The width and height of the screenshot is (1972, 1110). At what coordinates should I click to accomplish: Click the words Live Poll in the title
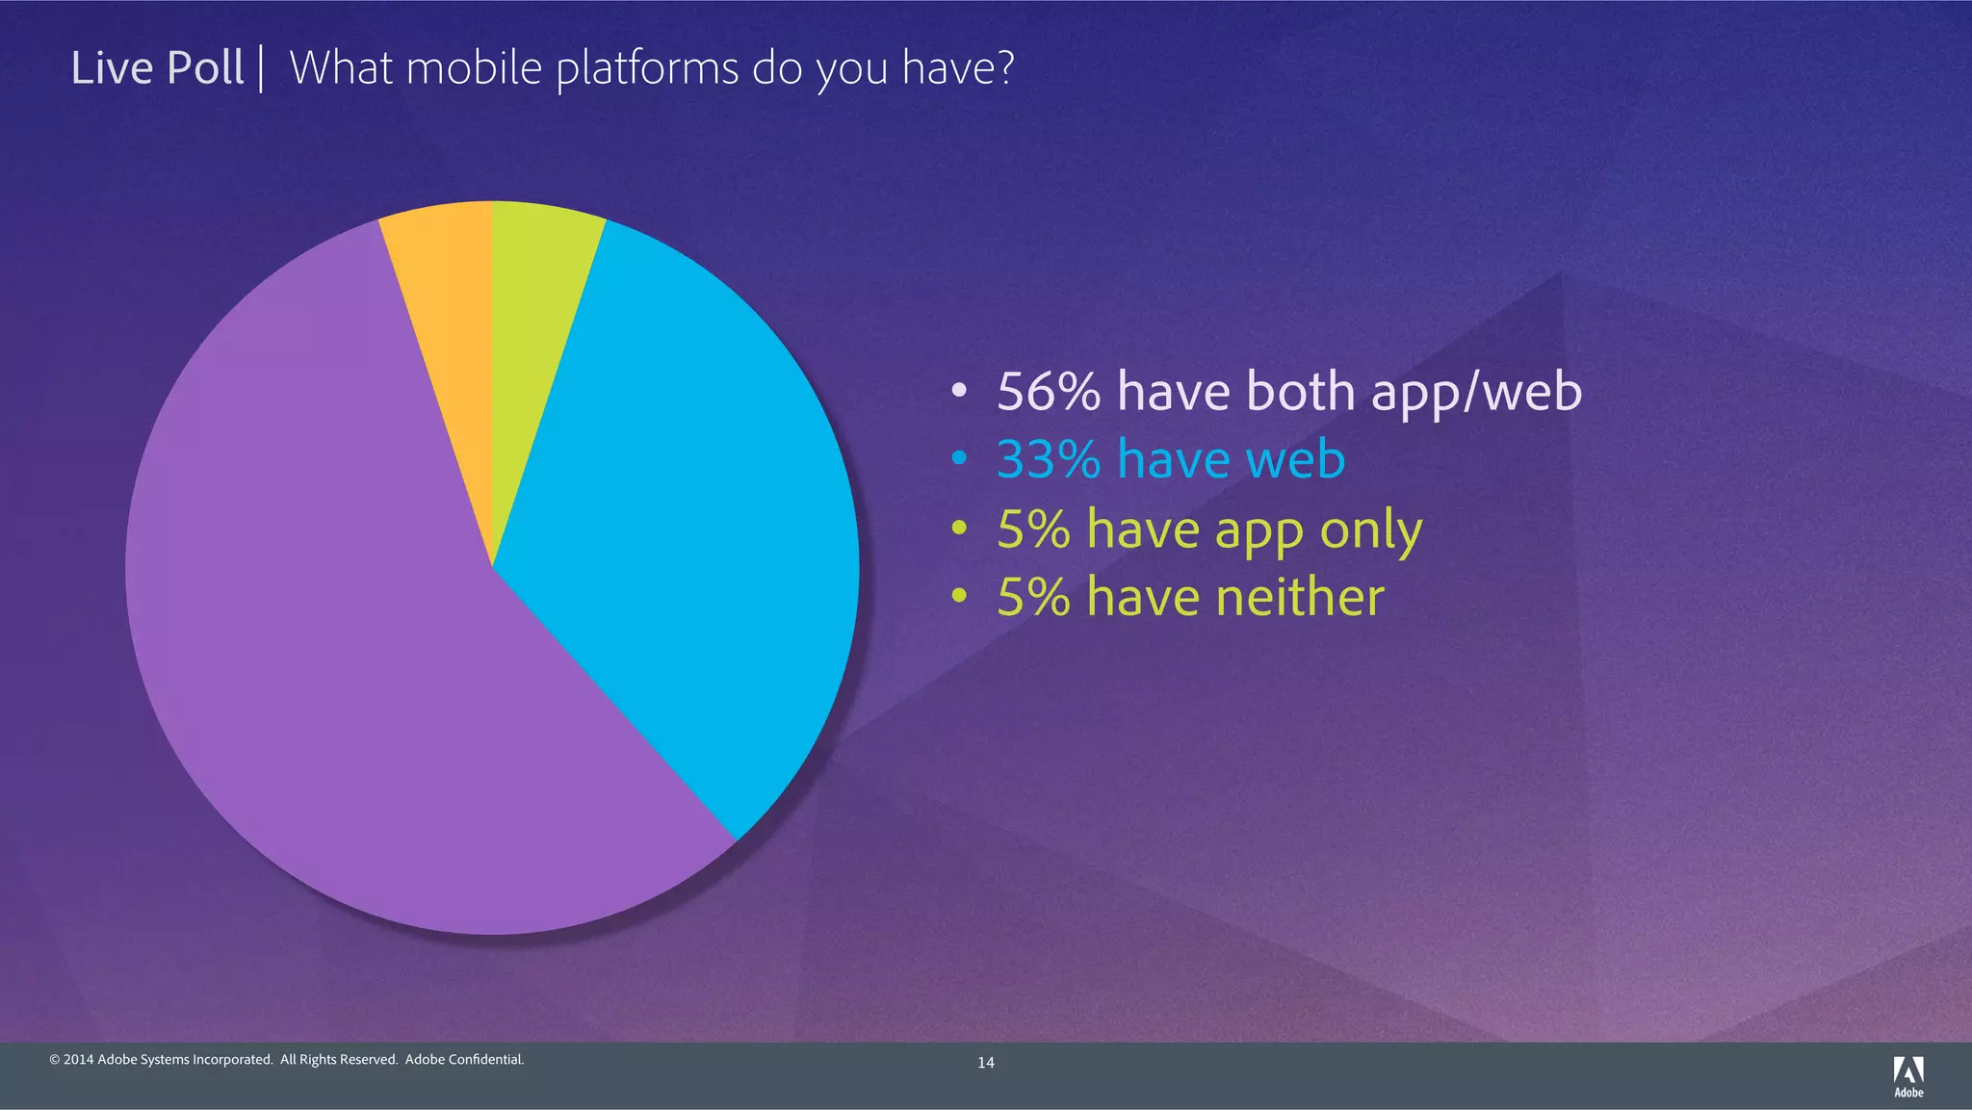pyautogui.click(x=157, y=68)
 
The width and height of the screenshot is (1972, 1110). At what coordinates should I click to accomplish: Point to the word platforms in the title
pyautogui.click(x=649, y=69)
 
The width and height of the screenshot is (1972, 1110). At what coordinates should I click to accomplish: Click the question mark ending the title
pyautogui.click(x=1004, y=67)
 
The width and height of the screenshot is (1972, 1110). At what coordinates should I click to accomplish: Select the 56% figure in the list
pyautogui.click(x=1049, y=392)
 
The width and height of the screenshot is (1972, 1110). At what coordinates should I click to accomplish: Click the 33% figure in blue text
pyautogui.click(x=1049, y=459)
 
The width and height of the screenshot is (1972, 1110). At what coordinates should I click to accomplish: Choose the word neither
pyautogui.click(x=1299, y=597)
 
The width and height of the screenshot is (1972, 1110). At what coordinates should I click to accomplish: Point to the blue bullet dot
pyautogui.click(x=958, y=459)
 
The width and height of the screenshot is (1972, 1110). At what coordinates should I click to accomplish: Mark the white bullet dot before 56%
pyautogui.click(x=958, y=392)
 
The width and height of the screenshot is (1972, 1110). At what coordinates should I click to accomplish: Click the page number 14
pyautogui.click(x=986, y=1063)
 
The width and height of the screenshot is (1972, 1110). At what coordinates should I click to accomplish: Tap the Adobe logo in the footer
pyautogui.click(x=1908, y=1075)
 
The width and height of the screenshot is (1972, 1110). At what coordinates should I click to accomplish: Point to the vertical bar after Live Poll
pyautogui.click(x=261, y=69)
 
